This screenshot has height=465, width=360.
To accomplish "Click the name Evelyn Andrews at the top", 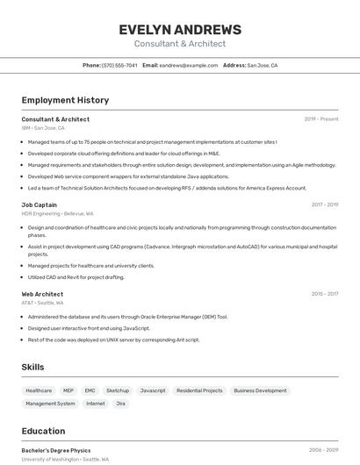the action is pyautogui.click(x=180, y=29).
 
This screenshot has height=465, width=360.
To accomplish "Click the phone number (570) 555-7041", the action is pyautogui.click(x=119, y=65).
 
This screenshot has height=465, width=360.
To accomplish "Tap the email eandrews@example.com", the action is pyautogui.click(x=189, y=65).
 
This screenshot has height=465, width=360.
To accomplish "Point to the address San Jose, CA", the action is pyautogui.click(x=262, y=65).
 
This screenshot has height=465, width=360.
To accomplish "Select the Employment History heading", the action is pyautogui.click(x=65, y=100).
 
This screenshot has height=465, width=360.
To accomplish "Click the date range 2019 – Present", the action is pyautogui.click(x=320, y=119).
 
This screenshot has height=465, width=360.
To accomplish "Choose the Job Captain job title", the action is pyautogui.click(x=40, y=204).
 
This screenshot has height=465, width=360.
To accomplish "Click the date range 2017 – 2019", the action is pyautogui.click(x=324, y=204).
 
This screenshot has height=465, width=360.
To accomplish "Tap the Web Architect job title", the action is pyautogui.click(x=42, y=294).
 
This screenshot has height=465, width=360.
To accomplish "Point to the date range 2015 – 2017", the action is pyautogui.click(x=324, y=294).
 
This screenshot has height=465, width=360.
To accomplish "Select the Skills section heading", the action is pyautogui.click(x=32, y=367).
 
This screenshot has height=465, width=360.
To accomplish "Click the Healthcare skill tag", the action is pyautogui.click(x=39, y=390).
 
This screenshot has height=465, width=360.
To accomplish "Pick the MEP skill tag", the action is pyautogui.click(x=68, y=390).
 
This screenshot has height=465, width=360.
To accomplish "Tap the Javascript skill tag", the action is pyautogui.click(x=153, y=390).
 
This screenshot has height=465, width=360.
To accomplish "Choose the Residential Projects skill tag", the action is pyautogui.click(x=199, y=390).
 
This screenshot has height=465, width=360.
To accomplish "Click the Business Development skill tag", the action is pyautogui.click(x=260, y=390).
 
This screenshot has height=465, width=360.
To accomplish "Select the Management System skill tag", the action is pyautogui.click(x=50, y=404).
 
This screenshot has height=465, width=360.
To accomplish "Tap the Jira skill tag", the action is pyautogui.click(x=121, y=404).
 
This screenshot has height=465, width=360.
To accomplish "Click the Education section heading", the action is pyautogui.click(x=43, y=431).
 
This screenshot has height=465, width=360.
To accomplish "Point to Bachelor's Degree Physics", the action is pyautogui.click(x=56, y=450).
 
